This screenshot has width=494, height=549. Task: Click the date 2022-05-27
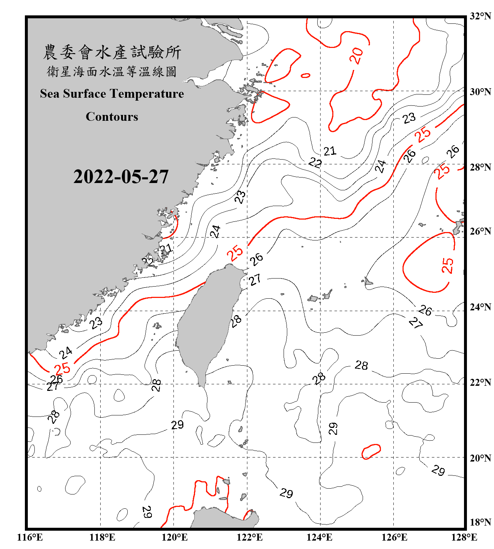point(121,177)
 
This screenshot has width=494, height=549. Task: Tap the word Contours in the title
point(112,117)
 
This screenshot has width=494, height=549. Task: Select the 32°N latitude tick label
point(480,16)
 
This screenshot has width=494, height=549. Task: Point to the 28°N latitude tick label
point(480,167)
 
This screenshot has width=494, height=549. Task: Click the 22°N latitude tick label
point(480,382)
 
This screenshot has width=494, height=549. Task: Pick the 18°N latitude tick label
point(480,522)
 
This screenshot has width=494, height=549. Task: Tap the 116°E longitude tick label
point(30,537)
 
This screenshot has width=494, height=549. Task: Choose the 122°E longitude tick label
point(250,537)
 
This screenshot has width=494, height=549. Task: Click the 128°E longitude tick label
point(464,537)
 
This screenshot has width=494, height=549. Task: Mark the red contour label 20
point(356,56)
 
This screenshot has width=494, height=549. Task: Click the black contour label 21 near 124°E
point(330,151)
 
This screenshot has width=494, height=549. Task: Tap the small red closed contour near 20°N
point(371,451)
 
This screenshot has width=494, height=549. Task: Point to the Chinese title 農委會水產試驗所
point(112,52)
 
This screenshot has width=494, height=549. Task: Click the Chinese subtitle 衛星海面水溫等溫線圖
point(112,71)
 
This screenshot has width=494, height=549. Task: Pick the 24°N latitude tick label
point(480,307)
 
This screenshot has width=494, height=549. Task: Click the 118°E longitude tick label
point(102,537)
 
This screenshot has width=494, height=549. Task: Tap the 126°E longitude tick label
point(394,537)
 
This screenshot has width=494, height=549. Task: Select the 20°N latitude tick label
point(480,458)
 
